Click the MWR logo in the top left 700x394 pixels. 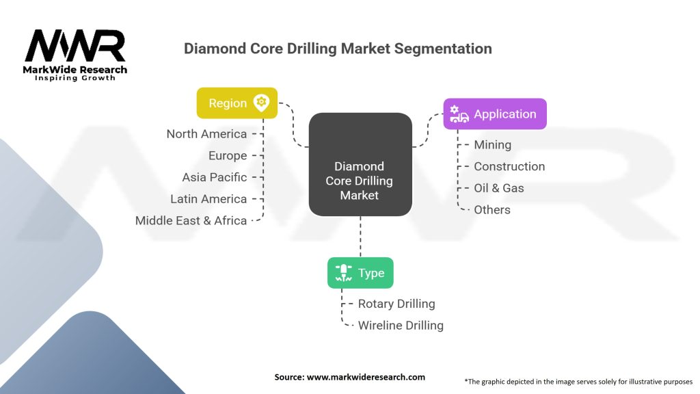[x=75, y=55]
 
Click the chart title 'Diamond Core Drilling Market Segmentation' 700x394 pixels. [x=338, y=49]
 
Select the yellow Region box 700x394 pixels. [x=237, y=103]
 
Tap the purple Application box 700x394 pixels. [x=495, y=114]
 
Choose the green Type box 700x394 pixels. [x=360, y=273]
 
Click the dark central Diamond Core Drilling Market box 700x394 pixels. [x=360, y=181]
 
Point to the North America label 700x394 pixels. [x=206, y=133]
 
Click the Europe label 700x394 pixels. [x=228, y=155]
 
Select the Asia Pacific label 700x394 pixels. [x=214, y=177]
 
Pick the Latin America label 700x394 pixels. [x=208, y=199]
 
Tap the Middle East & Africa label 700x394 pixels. [x=191, y=221]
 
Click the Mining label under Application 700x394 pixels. [x=492, y=144]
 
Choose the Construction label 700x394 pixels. [x=509, y=166]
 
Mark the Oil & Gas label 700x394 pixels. [x=499, y=188]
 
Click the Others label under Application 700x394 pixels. [x=492, y=210]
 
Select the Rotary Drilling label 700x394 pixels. [x=396, y=304]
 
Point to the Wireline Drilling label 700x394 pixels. [x=401, y=326]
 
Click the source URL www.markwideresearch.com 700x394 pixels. [x=349, y=377]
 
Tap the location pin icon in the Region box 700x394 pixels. [x=260, y=103]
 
